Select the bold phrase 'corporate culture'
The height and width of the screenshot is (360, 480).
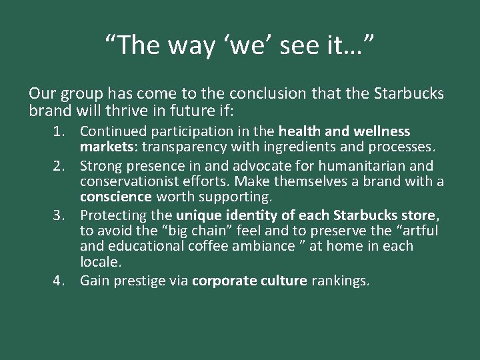click(x=249, y=281)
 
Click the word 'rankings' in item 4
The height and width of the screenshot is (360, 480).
click(x=339, y=281)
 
